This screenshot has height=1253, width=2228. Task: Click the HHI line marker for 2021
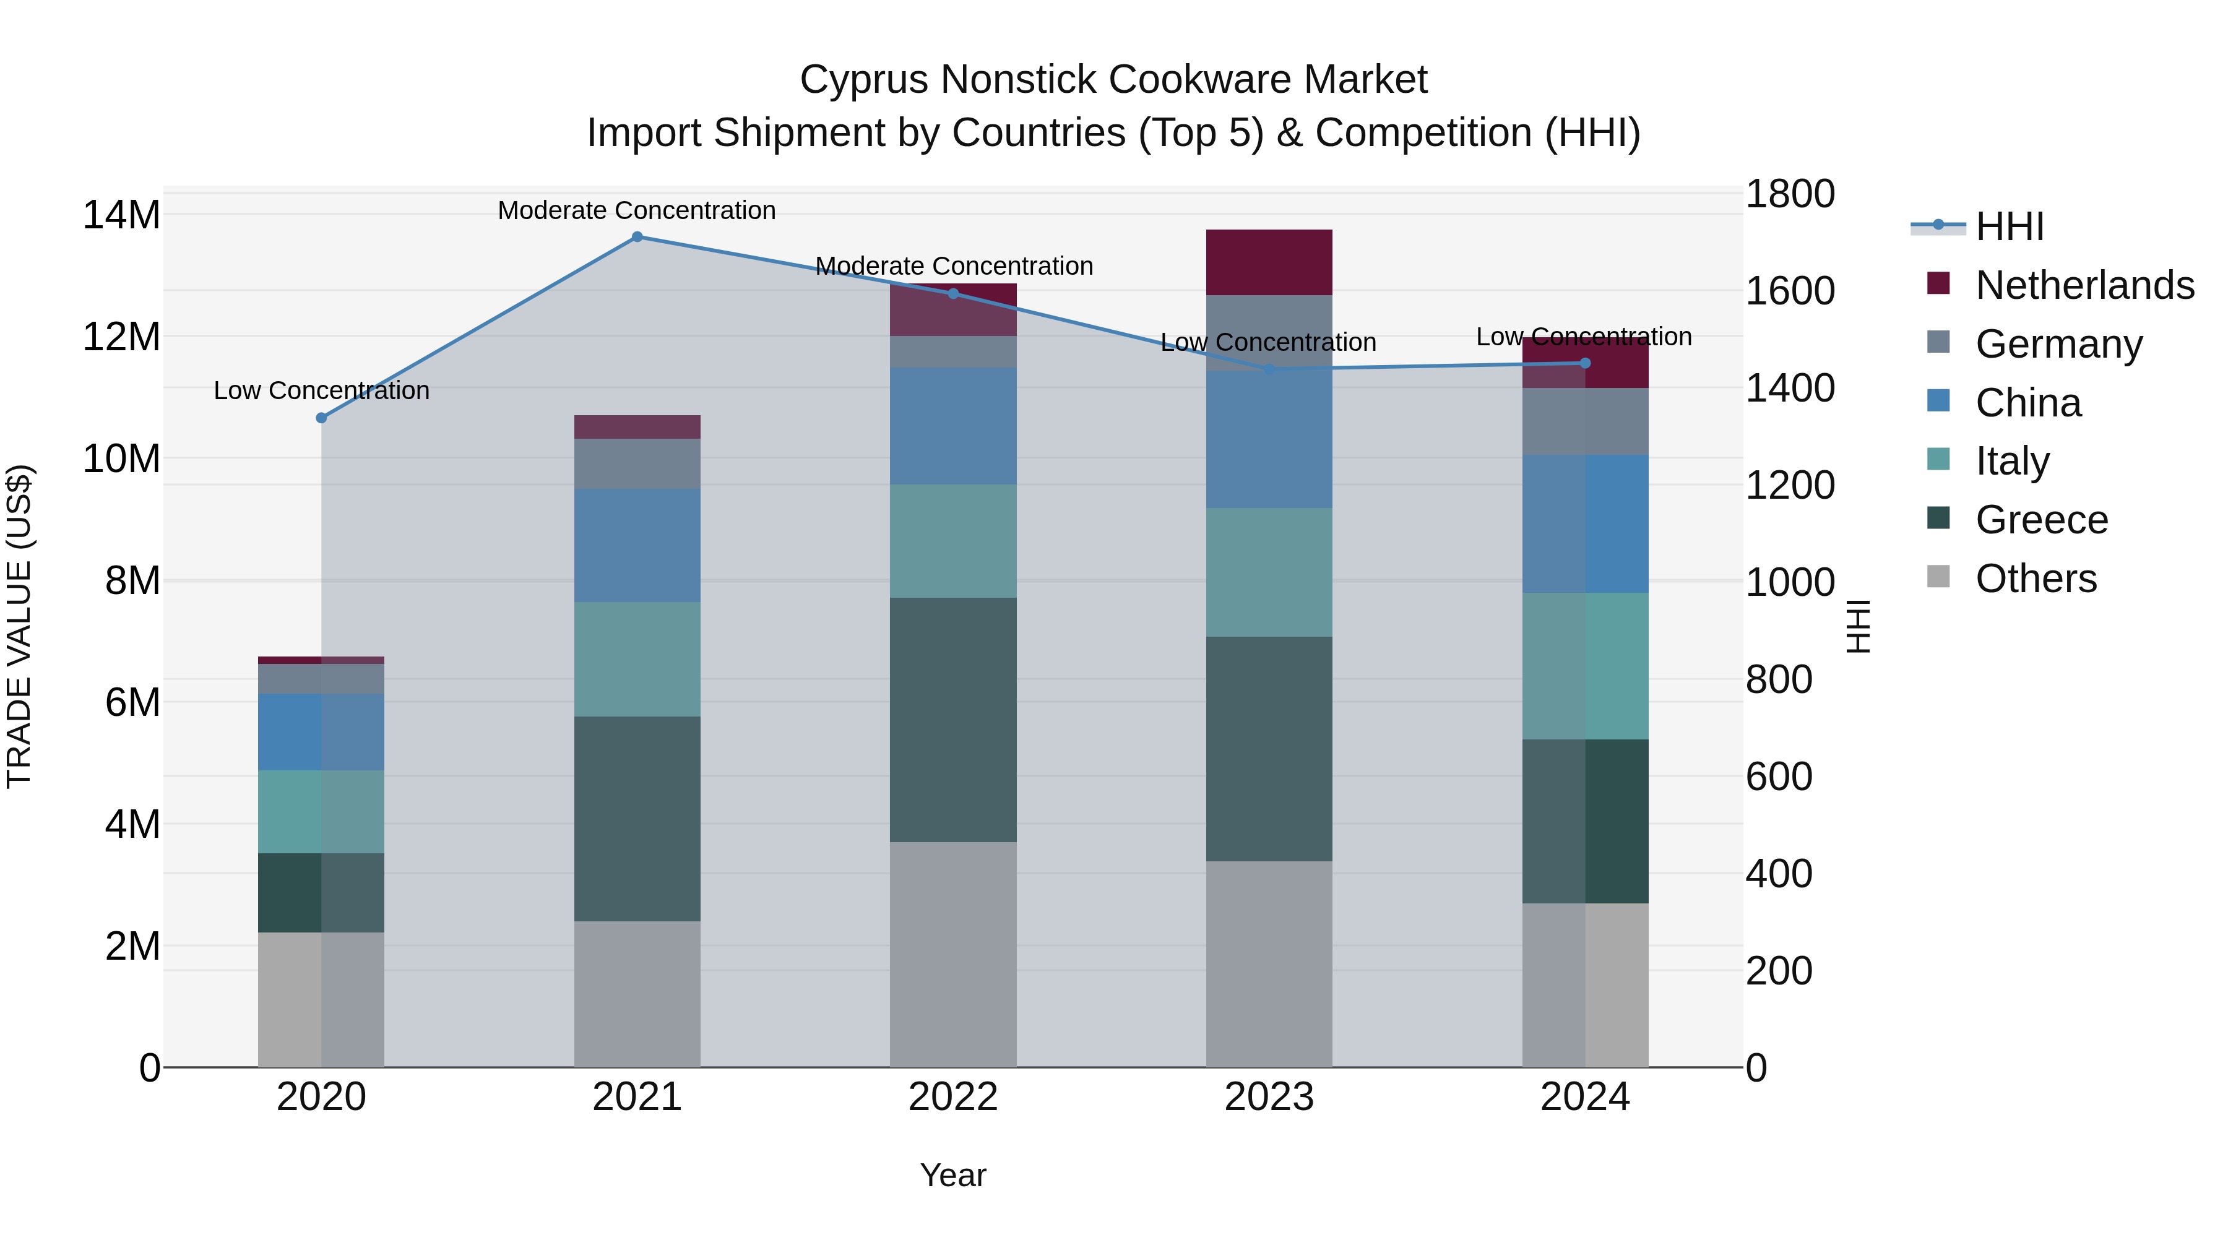click(x=637, y=236)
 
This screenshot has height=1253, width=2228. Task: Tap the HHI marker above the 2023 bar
click(x=1269, y=369)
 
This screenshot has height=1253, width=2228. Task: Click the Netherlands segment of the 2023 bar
click(x=1269, y=262)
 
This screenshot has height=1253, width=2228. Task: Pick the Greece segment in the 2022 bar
click(x=953, y=720)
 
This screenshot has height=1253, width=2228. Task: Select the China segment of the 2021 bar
click(x=637, y=545)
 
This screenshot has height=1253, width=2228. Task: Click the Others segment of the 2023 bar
click(x=1269, y=963)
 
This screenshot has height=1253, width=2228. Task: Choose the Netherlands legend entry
click(x=2084, y=285)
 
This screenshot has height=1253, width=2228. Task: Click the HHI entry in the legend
click(x=2009, y=226)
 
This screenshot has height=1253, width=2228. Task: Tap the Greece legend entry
click(x=2041, y=520)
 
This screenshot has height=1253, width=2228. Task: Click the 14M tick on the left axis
click(x=121, y=215)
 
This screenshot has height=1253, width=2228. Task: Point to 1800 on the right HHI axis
click(x=1789, y=194)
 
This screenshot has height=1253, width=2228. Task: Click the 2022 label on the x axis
click(x=953, y=1097)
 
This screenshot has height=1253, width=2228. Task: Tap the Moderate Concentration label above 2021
click(x=637, y=210)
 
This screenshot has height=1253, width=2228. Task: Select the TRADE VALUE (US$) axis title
click(x=19, y=626)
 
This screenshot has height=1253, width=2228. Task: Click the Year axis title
click(x=953, y=1175)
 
